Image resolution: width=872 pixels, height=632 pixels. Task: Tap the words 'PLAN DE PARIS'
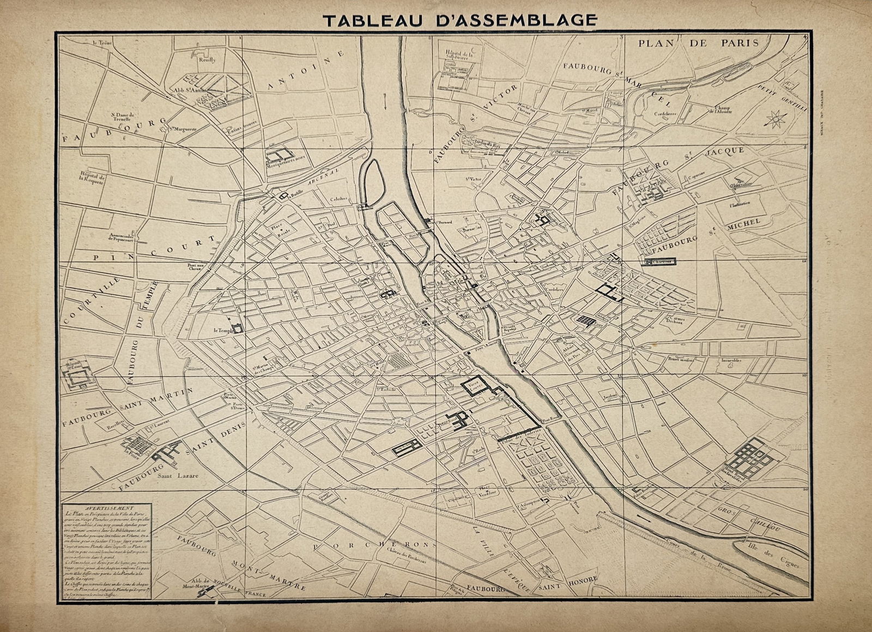699,43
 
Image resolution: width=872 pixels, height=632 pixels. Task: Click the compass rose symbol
776,118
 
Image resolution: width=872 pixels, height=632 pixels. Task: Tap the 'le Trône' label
102,42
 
